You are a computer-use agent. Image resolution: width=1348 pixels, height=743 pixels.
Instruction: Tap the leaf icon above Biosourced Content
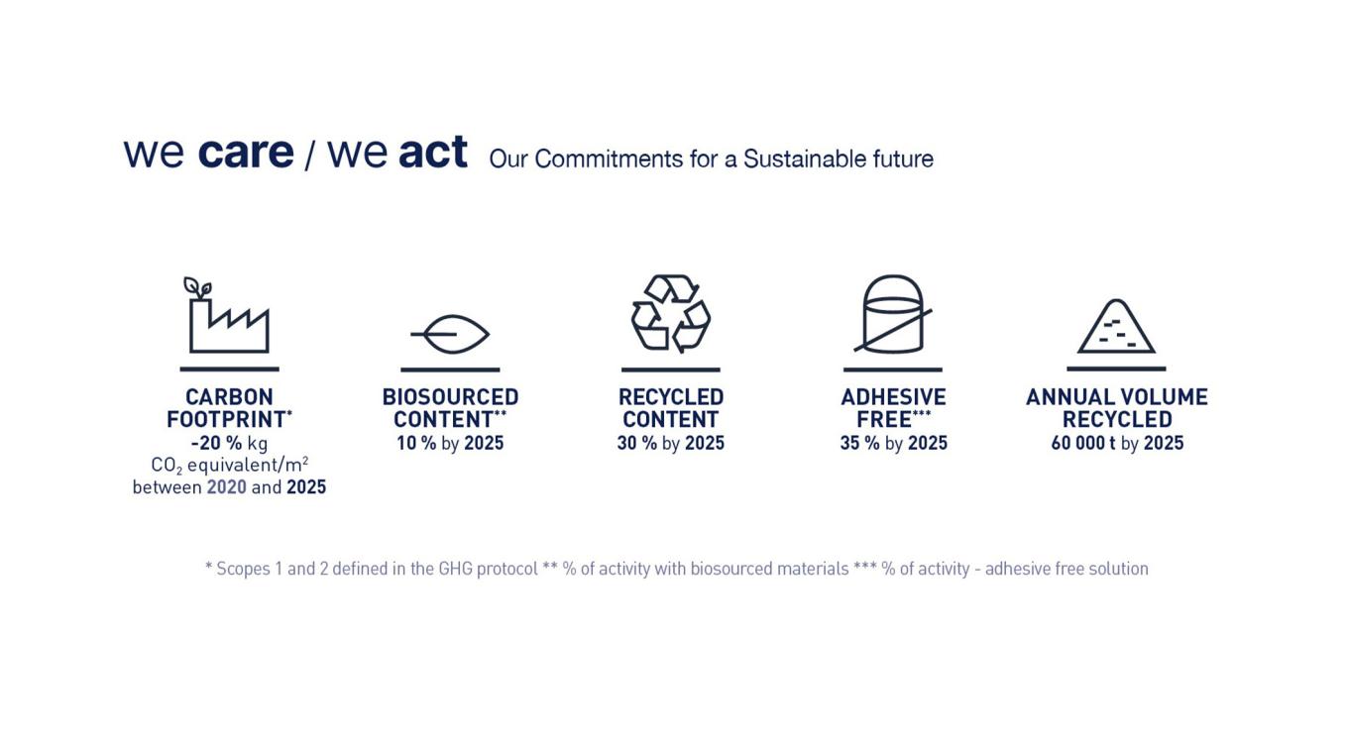point(452,335)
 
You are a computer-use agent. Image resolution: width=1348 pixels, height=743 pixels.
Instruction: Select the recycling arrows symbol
point(671,313)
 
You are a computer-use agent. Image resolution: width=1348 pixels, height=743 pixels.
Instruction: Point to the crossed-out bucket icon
point(893,314)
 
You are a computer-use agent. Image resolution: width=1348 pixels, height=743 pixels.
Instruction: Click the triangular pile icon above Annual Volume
point(1116,327)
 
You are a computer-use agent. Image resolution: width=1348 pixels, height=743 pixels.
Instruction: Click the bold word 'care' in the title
point(246,153)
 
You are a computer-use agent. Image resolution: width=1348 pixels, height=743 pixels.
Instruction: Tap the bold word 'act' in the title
point(432,153)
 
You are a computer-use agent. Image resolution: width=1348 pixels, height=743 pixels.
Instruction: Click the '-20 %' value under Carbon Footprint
point(216,443)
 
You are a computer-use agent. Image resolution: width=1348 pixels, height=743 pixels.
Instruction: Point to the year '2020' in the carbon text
point(226,487)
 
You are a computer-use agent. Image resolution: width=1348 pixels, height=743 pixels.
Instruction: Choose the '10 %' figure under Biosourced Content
point(416,443)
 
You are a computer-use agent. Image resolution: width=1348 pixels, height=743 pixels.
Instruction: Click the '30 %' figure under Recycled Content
point(636,443)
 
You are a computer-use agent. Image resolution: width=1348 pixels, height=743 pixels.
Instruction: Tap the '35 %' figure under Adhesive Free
point(859,443)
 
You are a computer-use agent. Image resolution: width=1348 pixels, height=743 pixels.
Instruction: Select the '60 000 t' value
point(1083,443)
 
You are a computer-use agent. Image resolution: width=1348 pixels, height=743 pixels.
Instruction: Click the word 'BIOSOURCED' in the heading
point(450,397)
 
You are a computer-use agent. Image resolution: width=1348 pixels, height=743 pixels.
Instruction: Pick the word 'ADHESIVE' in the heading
point(893,397)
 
